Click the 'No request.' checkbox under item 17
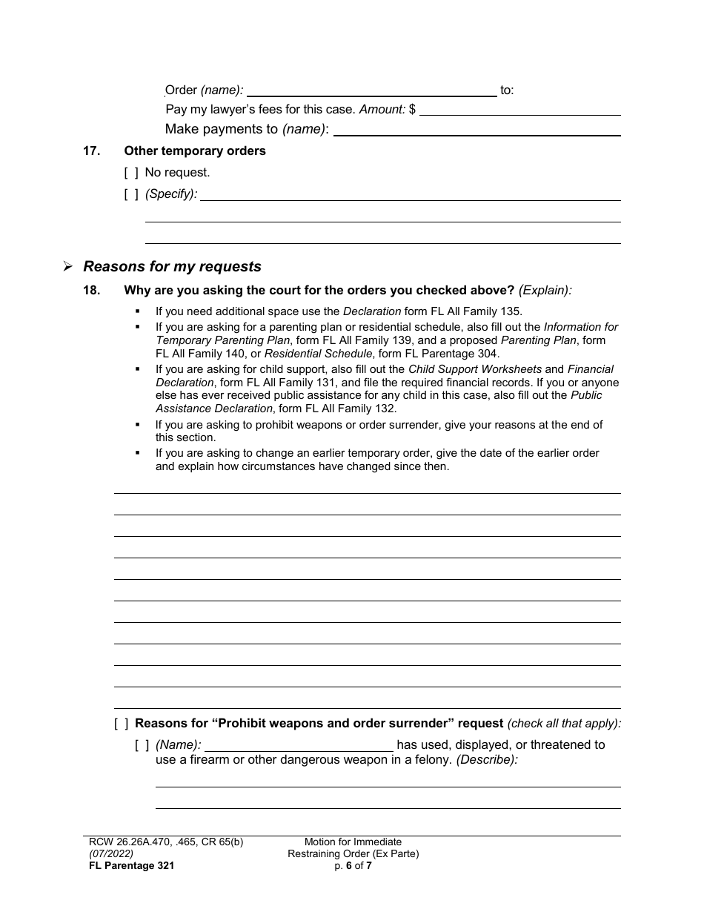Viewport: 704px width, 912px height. click(131, 173)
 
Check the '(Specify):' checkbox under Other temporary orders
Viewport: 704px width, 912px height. click(131, 194)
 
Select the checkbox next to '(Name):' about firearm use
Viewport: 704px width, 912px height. click(142, 744)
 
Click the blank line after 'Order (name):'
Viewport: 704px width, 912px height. click(371, 90)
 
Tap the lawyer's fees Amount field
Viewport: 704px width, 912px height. click(519, 110)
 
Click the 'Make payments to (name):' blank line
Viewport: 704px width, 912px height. click(477, 130)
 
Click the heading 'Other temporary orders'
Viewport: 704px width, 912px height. click(195, 151)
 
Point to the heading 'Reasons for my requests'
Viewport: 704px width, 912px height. click(172, 266)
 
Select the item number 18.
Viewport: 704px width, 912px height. click(91, 290)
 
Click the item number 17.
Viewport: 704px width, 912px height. click(91, 151)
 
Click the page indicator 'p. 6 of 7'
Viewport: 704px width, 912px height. click(353, 865)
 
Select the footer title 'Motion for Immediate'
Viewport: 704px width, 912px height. click(353, 842)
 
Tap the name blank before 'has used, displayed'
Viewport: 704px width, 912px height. click(299, 745)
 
